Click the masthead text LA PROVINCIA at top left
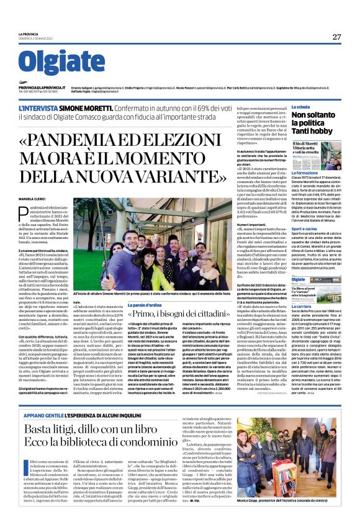29,34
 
